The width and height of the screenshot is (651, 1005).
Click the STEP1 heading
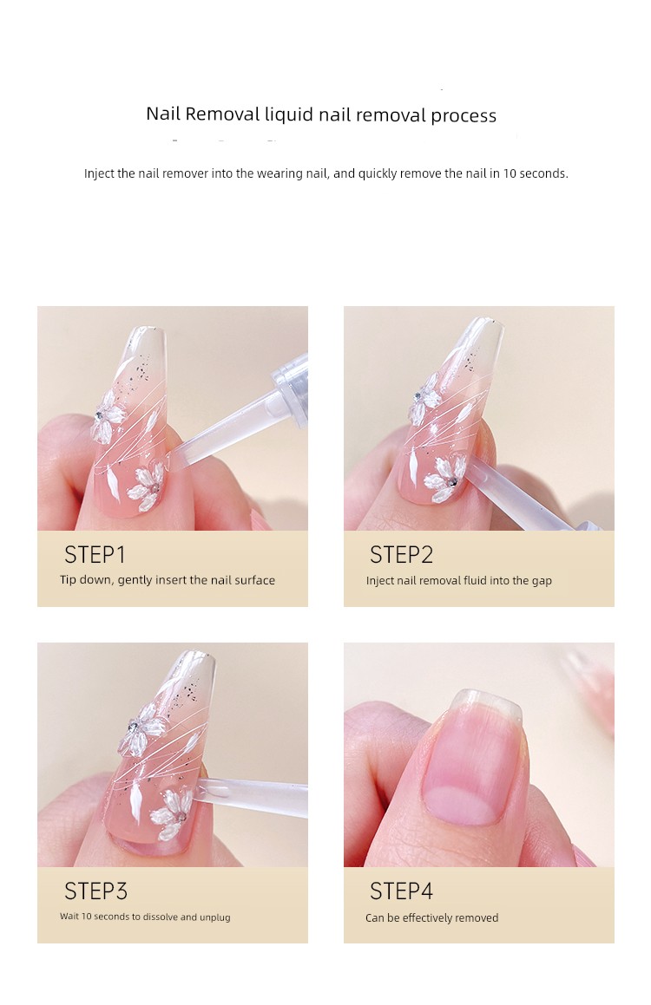95,554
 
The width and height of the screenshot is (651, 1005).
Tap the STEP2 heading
402,554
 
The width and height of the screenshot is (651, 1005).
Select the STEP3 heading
95,891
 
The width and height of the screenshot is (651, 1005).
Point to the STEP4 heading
402,891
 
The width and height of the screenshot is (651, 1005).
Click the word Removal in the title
222,114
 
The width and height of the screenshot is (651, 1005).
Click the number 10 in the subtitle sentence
510,173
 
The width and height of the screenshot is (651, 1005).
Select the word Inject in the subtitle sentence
99,173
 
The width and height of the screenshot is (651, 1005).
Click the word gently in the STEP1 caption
134,581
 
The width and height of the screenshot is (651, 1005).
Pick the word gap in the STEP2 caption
542,581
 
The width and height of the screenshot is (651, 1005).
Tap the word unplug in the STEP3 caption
215,917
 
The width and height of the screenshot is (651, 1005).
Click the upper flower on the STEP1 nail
107,416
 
